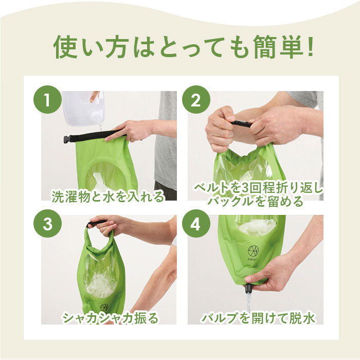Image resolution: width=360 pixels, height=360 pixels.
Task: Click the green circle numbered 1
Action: point(47,99)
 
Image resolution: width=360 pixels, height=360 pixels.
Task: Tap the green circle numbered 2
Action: point(196,99)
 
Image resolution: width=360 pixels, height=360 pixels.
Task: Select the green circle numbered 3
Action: point(47,223)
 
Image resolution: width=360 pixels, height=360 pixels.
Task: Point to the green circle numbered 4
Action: point(196,223)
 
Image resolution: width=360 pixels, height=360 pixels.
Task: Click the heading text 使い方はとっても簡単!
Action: point(183,47)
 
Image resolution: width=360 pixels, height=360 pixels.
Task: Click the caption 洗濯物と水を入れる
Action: point(108,196)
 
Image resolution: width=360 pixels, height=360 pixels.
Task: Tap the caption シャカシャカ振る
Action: point(111,318)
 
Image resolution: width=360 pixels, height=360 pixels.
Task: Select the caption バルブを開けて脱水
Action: point(258,318)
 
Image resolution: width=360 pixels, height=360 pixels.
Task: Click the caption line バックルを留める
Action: point(255,201)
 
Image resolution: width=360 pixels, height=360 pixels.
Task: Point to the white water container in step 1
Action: point(83,108)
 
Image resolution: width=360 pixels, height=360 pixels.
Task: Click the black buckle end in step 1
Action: point(67,139)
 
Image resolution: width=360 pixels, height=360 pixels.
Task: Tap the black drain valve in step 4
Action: point(249,290)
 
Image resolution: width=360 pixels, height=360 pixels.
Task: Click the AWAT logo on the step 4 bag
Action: point(253,253)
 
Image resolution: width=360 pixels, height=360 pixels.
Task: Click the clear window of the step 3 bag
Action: point(101,276)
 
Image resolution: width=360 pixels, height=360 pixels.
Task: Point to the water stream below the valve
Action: point(248,302)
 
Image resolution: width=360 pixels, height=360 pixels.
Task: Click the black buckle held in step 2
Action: point(241,124)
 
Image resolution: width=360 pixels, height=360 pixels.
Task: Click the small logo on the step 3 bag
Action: point(104,308)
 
